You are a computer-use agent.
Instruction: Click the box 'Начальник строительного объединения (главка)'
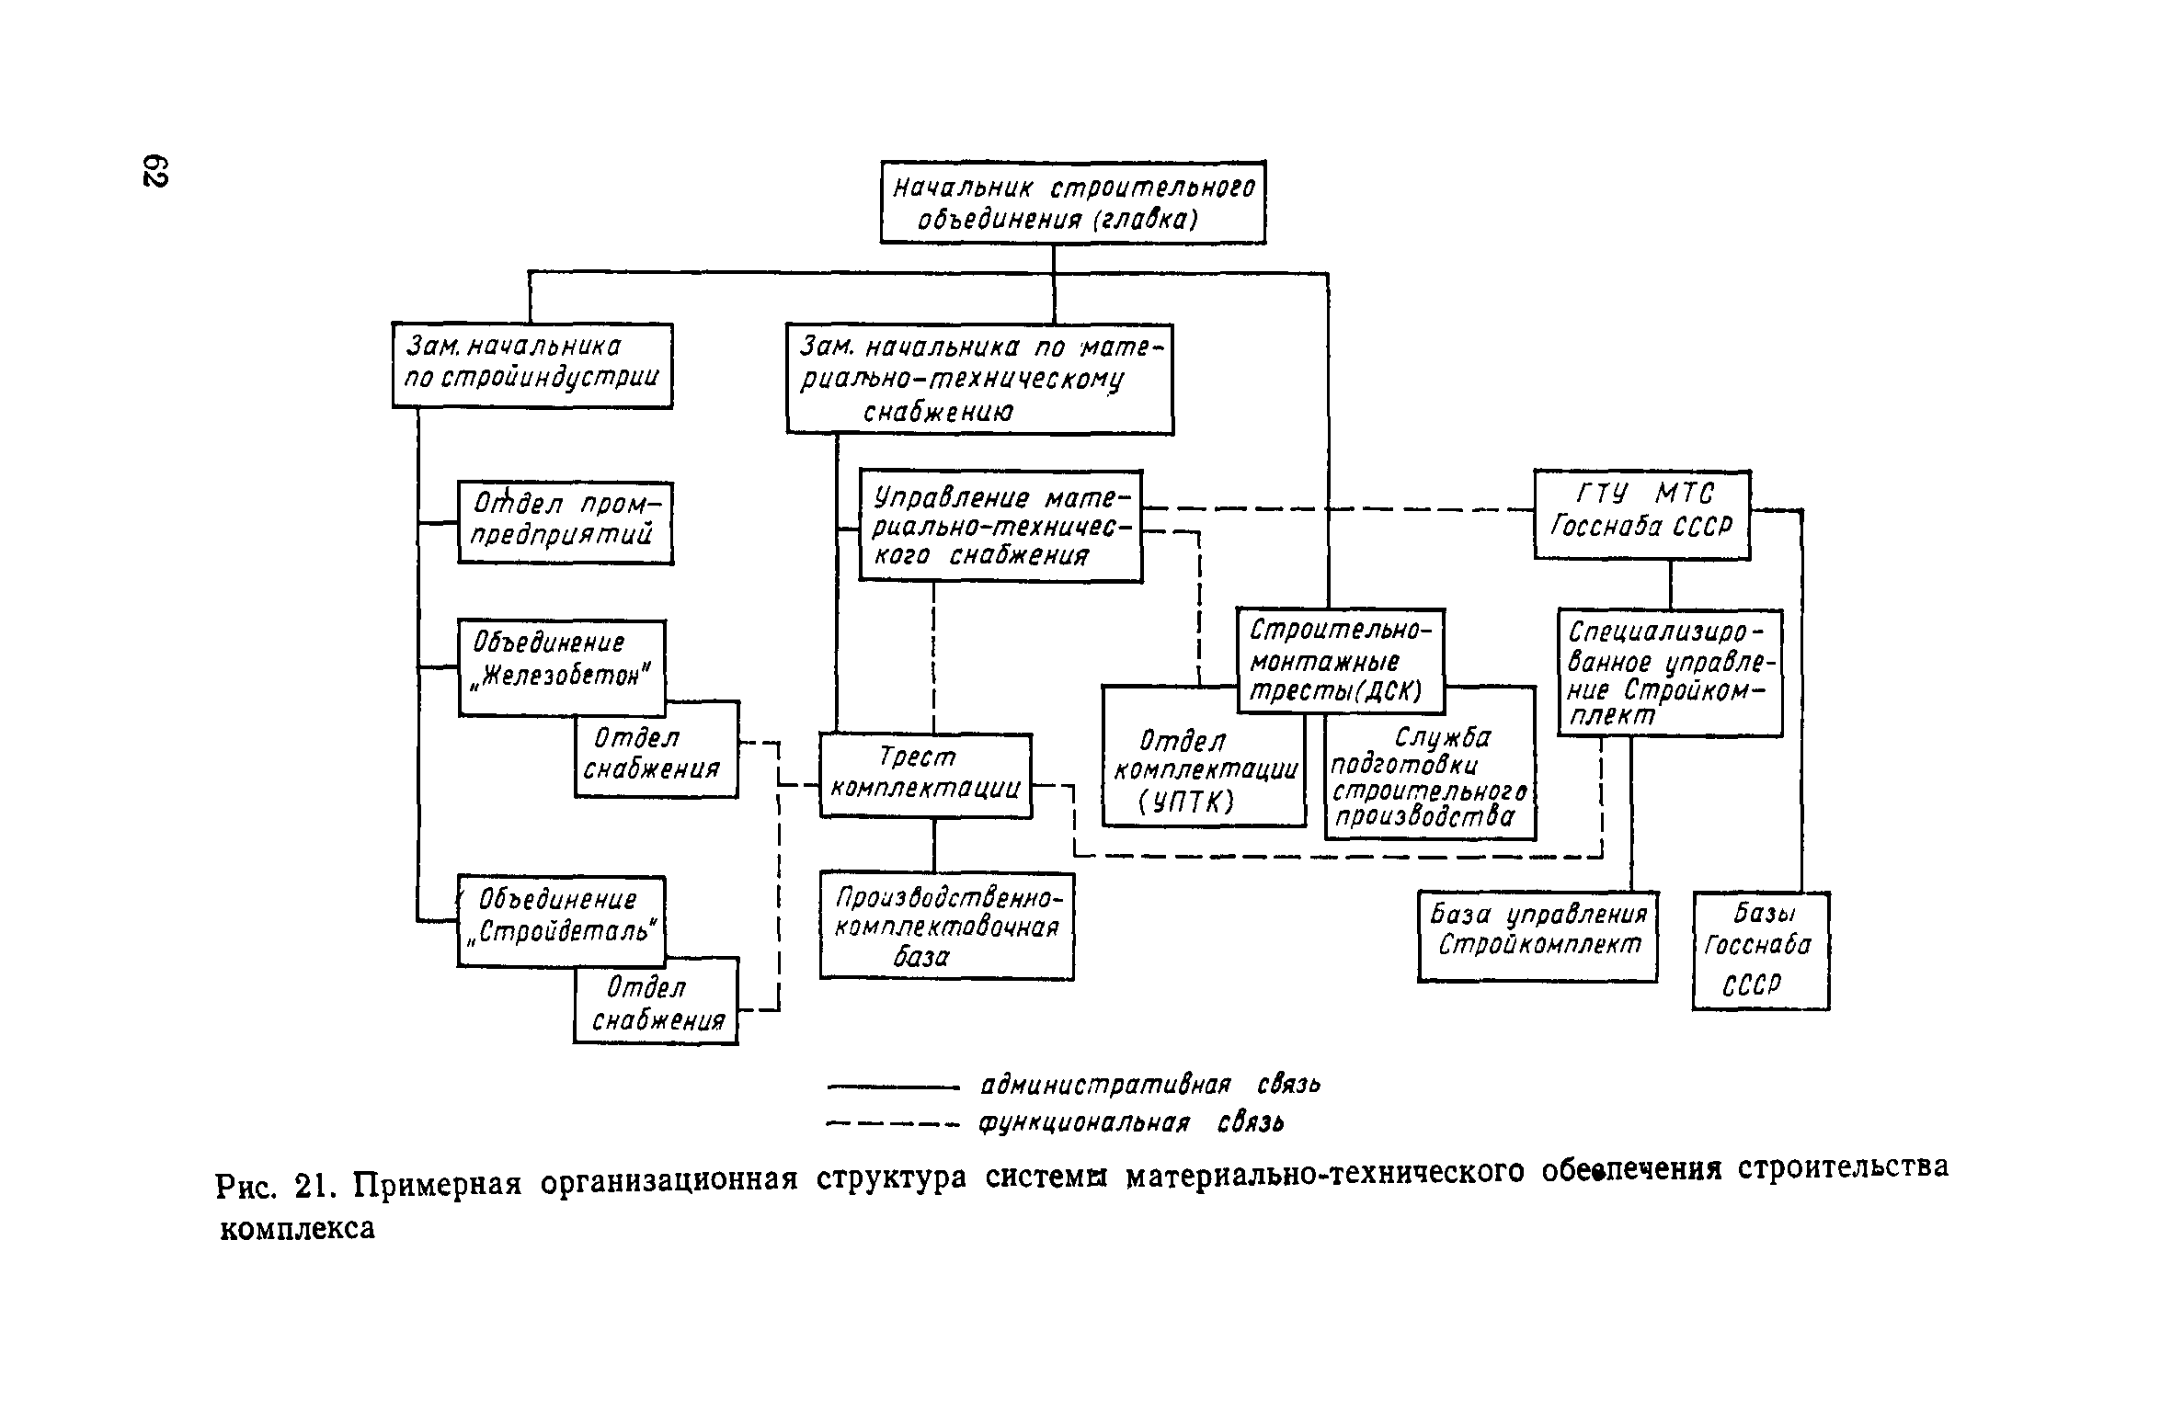1072,202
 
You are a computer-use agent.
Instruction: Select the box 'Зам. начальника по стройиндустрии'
532,364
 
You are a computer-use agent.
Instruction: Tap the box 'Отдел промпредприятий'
565,522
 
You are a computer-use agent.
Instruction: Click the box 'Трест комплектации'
925,774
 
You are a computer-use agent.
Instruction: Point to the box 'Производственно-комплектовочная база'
946,926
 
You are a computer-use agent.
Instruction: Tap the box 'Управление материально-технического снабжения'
1000,526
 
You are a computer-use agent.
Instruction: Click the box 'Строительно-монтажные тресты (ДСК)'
1340,660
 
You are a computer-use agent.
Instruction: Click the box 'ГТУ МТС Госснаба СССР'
1641,514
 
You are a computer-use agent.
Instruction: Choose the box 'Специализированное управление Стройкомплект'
1669,672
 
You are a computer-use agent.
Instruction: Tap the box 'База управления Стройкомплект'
1538,936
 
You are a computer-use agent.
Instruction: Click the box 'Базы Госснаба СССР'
1760,950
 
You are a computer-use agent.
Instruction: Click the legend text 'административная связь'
1149,1085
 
